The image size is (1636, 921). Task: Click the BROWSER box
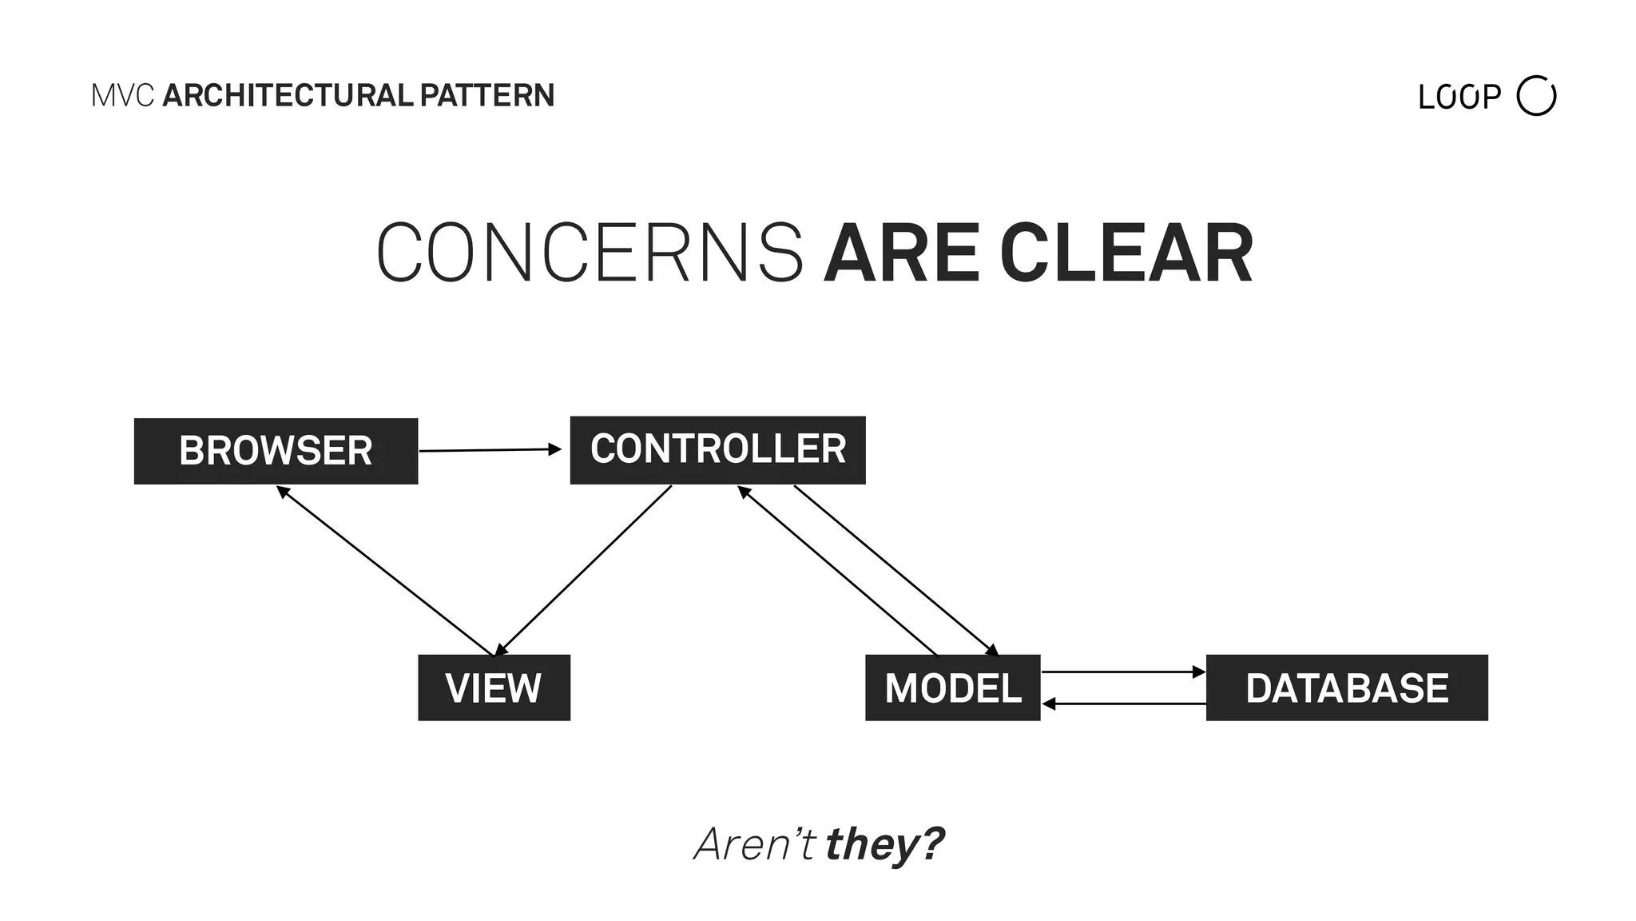pyautogui.click(x=276, y=451)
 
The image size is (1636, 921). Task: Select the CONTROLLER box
pyautogui.click(x=717, y=449)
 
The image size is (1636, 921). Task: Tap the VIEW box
pyautogui.click(x=494, y=688)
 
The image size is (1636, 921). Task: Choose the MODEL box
pyautogui.click(x=952, y=688)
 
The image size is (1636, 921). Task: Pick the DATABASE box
pyautogui.click(x=1346, y=688)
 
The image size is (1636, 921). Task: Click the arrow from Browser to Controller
pyautogui.click(x=489, y=450)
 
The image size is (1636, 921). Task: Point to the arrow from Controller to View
pyautogui.click(x=583, y=570)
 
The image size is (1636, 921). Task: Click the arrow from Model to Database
pyautogui.click(x=1122, y=672)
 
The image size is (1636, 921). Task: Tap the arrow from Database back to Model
pyautogui.click(x=1122, y=704)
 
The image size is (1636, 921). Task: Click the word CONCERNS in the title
pyautogui.click(x=590, y=253)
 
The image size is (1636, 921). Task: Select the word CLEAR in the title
pyautogui.click(x=1126, y=253)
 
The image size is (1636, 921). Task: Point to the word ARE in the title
pyautogui.click(x=901, y=253)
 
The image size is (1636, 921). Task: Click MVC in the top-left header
pyautogui.click(x=122, y=96)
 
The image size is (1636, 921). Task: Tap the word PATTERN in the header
pyautogui.click(x=486, y=96)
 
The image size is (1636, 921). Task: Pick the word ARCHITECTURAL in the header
pyautogui.click(x=288, y=96)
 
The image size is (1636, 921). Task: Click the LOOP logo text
pyautogui.click(x=1459, y=98)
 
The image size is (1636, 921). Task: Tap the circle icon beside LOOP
pyautogui.click(x=1536, y=96)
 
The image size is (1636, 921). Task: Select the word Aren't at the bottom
pyautogui.click(x=754, y=844)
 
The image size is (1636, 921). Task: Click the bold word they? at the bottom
pyautogui.click(x=884, y=844)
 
